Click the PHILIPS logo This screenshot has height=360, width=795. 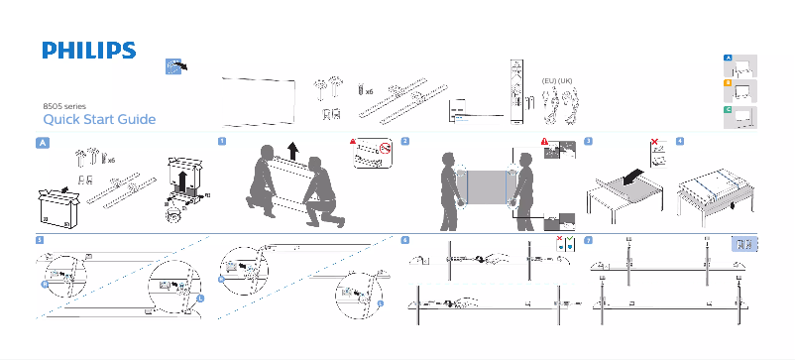(x=88, y=51)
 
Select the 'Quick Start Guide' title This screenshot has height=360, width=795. (x=93, y=120)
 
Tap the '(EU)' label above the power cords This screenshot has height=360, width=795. (x=547, y=79)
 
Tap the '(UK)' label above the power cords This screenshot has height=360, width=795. (x=566, y=79)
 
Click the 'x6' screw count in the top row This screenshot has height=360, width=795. (x=369, y=90)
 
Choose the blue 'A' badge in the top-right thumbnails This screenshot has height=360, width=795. (x=728, y=59)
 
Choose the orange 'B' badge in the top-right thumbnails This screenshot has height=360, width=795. (x=728, y=84)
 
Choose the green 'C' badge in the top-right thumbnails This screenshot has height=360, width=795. (x=728, y=109)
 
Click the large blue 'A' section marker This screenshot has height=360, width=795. (x=42, y=143)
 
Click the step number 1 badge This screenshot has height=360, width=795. (x=221, y=141)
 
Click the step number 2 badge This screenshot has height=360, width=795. (x=406, y=141)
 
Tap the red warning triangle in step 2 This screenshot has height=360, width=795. (x=543, y=142)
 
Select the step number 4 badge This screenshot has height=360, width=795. (x=679, y=141)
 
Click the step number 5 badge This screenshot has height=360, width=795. (x=39, y=240)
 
